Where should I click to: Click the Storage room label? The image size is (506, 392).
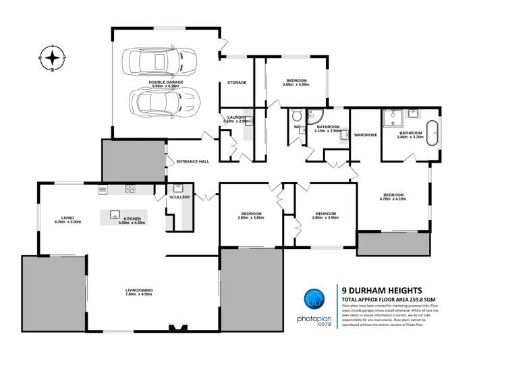pyautogui.click(x=237, y=82)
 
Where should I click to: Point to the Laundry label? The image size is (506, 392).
pyautogui.click(x=236, y=117)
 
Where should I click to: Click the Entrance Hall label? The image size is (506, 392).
pyautogui.click(x=193, y=162)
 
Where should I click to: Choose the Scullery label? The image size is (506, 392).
pyautogui.click(x=181, y=197)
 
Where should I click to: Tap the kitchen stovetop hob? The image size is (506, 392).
pyautogui.click(x=130, y=190)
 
